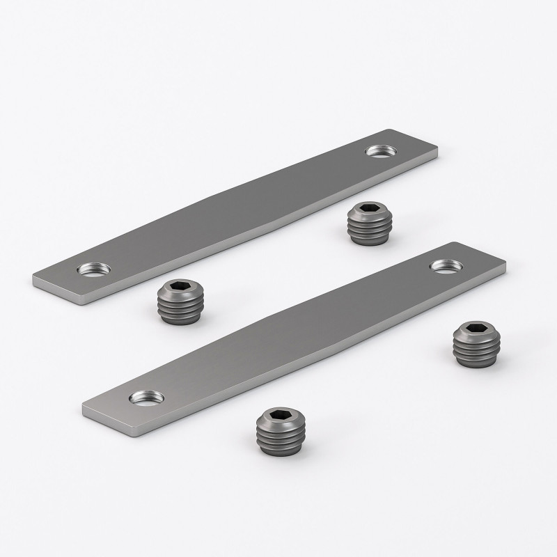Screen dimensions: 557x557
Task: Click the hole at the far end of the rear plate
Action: click(380, 150)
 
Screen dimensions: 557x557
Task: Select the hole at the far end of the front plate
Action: click(444, 265)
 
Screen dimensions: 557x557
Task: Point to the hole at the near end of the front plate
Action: click(146, 398)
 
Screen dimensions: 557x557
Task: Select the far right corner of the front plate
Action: click(504, 265)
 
